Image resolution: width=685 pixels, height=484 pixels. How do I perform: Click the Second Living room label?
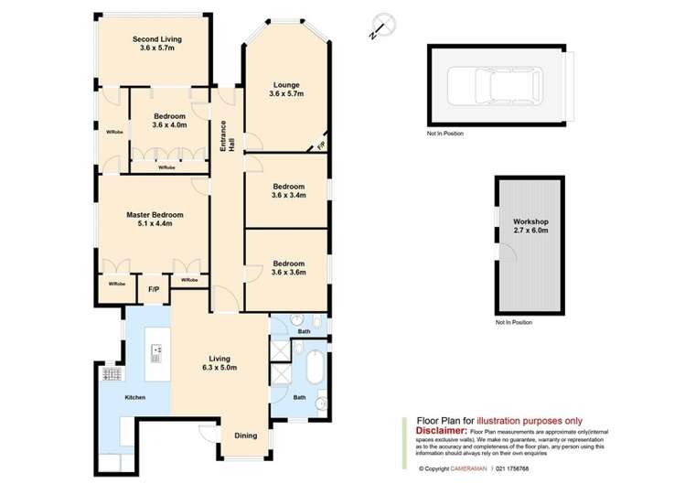156,43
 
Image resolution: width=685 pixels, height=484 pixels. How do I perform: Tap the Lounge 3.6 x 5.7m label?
286,90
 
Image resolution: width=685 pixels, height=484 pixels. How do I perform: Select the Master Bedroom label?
155,220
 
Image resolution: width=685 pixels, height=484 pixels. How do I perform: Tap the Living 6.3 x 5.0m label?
219,362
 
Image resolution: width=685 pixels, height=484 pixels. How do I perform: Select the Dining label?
245,436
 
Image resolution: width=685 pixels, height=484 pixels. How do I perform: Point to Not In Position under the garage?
445,134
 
